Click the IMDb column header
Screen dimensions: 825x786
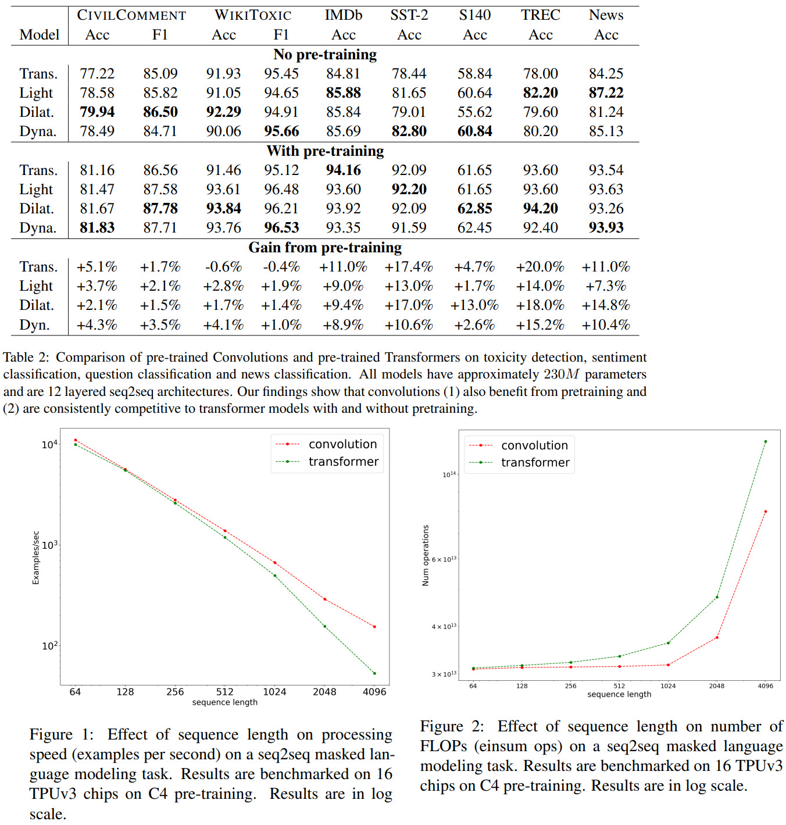click(x=343, y=15)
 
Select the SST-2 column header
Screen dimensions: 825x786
click(x=409, y=15)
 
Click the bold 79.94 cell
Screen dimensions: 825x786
click(x=97, y=112)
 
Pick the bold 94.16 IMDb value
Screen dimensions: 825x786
click(x=343, y=170)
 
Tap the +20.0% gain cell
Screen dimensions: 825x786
click(x=540, y=267)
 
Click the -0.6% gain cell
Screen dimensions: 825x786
click(x=223, y=267)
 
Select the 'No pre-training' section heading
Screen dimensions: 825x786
click(x=325, y=55)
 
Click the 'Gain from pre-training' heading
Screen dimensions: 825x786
click(x=325, y=248)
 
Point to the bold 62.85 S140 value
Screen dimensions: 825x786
click(x=474, y=208)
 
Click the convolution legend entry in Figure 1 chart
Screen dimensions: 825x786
click(x=342, y=444)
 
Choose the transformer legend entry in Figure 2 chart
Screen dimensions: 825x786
click(x=535, y=463)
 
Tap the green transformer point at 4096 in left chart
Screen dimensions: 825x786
click(x=374, y=673)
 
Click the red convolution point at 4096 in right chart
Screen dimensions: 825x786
click(x=766, y=512)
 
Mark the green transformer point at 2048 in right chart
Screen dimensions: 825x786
click(x=717, y=597)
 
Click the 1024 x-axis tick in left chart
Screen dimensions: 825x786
click(x=274, y=692)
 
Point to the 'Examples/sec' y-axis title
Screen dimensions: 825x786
click(x=36, y=558)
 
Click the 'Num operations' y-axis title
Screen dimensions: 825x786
click(x=426, y=555)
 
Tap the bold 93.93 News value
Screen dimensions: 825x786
click(x=606, y=227)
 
